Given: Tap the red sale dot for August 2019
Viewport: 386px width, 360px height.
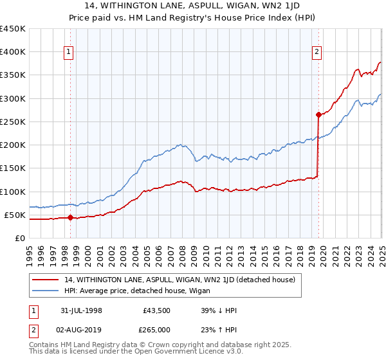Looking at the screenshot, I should point(318,115).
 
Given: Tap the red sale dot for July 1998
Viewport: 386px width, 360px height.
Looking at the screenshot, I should point(70,218).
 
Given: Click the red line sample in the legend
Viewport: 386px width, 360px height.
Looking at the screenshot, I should point(46,280).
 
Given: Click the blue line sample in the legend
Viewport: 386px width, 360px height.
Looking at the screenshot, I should point(46,291).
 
